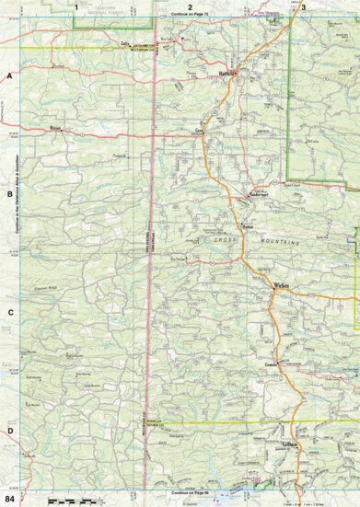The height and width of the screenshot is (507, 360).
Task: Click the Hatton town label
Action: tap(247, 225)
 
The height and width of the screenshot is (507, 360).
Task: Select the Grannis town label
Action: tap(272, 366)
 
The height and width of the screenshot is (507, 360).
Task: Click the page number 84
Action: tap(9, 498)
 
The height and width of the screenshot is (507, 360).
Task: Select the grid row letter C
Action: tap(9, 312)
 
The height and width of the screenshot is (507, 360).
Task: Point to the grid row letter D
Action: tap(9, 431)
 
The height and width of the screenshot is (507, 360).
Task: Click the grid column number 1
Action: tap(76, 6)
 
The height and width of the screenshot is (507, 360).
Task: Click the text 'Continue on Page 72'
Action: tap(190, 16)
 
